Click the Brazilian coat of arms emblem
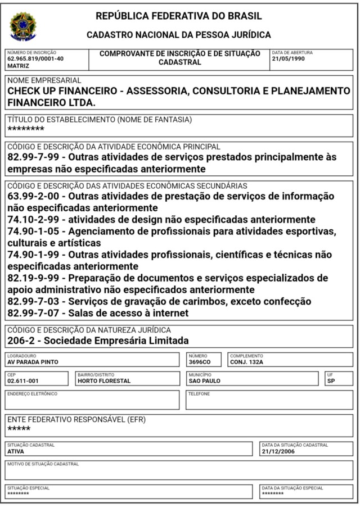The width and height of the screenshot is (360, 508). point(22,26)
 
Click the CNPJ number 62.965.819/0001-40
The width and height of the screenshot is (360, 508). point(35,58)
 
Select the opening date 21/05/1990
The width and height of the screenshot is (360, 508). point(289,58)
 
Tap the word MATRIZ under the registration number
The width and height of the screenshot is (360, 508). point(19,66)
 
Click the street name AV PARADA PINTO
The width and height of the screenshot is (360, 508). point(33,362)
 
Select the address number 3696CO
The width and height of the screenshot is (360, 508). point(200,362)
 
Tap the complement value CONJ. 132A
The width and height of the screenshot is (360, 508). point(246,362)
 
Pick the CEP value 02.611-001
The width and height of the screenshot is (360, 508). point(23,381)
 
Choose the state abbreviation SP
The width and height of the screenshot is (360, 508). point(331,381)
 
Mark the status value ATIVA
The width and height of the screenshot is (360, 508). point(16,451)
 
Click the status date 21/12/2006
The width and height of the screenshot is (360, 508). point(278,451)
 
